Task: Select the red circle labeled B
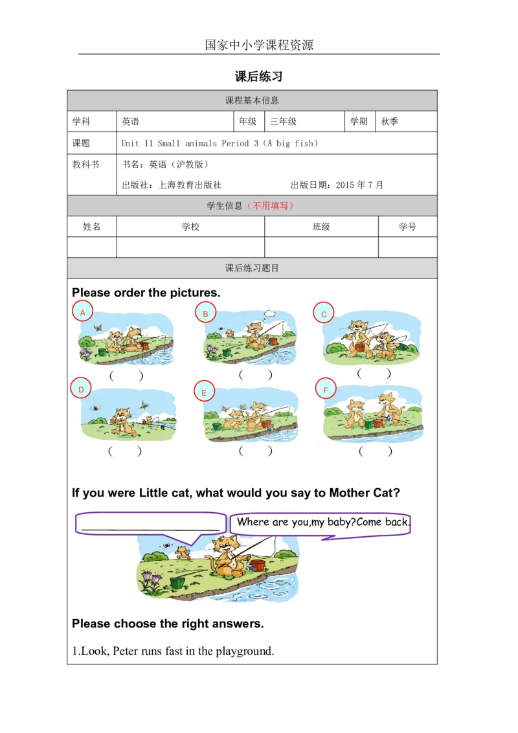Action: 206,314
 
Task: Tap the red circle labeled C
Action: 324,315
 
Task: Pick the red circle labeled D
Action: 81,389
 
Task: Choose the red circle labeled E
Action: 205,392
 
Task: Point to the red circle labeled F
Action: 325,390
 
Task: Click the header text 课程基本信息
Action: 252,100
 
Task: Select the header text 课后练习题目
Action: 252,268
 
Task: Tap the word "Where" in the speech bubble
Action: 252,522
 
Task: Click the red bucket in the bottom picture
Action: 258,565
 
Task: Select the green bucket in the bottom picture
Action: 177,583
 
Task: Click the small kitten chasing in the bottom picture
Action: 183,552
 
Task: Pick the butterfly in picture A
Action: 98,328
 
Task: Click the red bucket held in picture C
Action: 355,348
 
